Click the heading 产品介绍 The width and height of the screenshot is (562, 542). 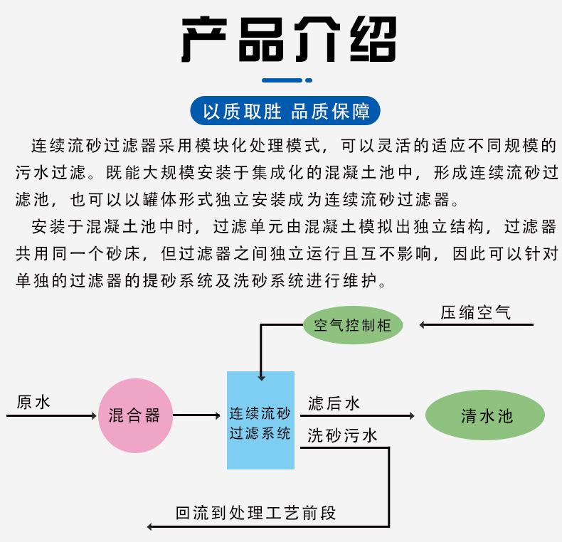[x=289, y=39]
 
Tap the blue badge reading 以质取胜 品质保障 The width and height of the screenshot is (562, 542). [x=285, y=111]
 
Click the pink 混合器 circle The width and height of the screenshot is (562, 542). [x=135, y=415]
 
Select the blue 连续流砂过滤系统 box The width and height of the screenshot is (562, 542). [x=260, y=420]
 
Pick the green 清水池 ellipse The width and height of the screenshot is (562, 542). [x=485, y=415]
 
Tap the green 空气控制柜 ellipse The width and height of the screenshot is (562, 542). [x=353, y=325]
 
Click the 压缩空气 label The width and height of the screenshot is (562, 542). [x=475, y=312]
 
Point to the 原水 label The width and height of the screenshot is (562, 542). [x=33, y=402]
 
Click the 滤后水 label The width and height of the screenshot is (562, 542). [x=334, y=403]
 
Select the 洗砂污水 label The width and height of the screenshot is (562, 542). [x=342, y=435]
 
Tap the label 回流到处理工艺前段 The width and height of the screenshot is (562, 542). [x=255, y=513]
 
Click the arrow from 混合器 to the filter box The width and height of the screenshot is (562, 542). [x=196, y=415]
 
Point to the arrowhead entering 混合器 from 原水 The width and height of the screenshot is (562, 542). [x=94, y=415]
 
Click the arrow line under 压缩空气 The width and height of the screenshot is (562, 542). [x=477, y=325]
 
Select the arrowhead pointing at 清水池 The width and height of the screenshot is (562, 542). [x=412, y=415]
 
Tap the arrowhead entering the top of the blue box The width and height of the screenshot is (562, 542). [x=261, y=378]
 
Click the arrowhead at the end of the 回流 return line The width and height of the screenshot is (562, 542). [x=150, y=526]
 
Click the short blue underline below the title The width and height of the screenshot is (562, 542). [x=287, y=80]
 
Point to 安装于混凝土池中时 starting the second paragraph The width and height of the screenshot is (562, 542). [x=112, y=227]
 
